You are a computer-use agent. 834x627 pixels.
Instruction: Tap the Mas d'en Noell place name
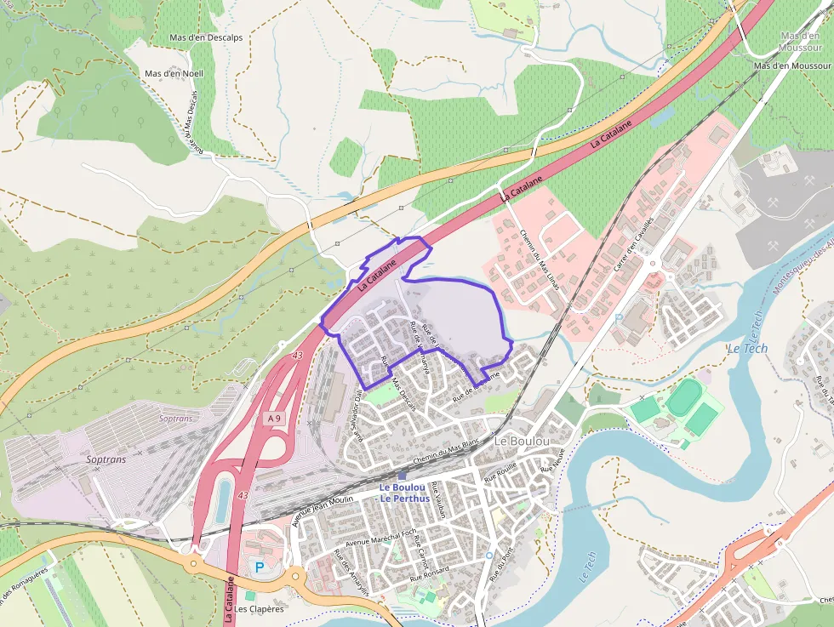(x=174, y=73)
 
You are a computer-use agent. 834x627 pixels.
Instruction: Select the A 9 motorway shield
(x=273, y=419)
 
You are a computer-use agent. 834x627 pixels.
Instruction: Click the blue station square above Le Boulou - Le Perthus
(x=402, y=476)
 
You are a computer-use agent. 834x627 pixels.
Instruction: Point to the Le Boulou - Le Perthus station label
(x=403, y=493)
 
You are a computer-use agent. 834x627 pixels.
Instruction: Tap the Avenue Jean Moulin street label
(x=323, y=510)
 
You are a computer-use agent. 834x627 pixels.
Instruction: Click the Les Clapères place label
(x=260, y=609)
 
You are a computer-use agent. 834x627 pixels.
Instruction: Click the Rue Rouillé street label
(x=500, y=475)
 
